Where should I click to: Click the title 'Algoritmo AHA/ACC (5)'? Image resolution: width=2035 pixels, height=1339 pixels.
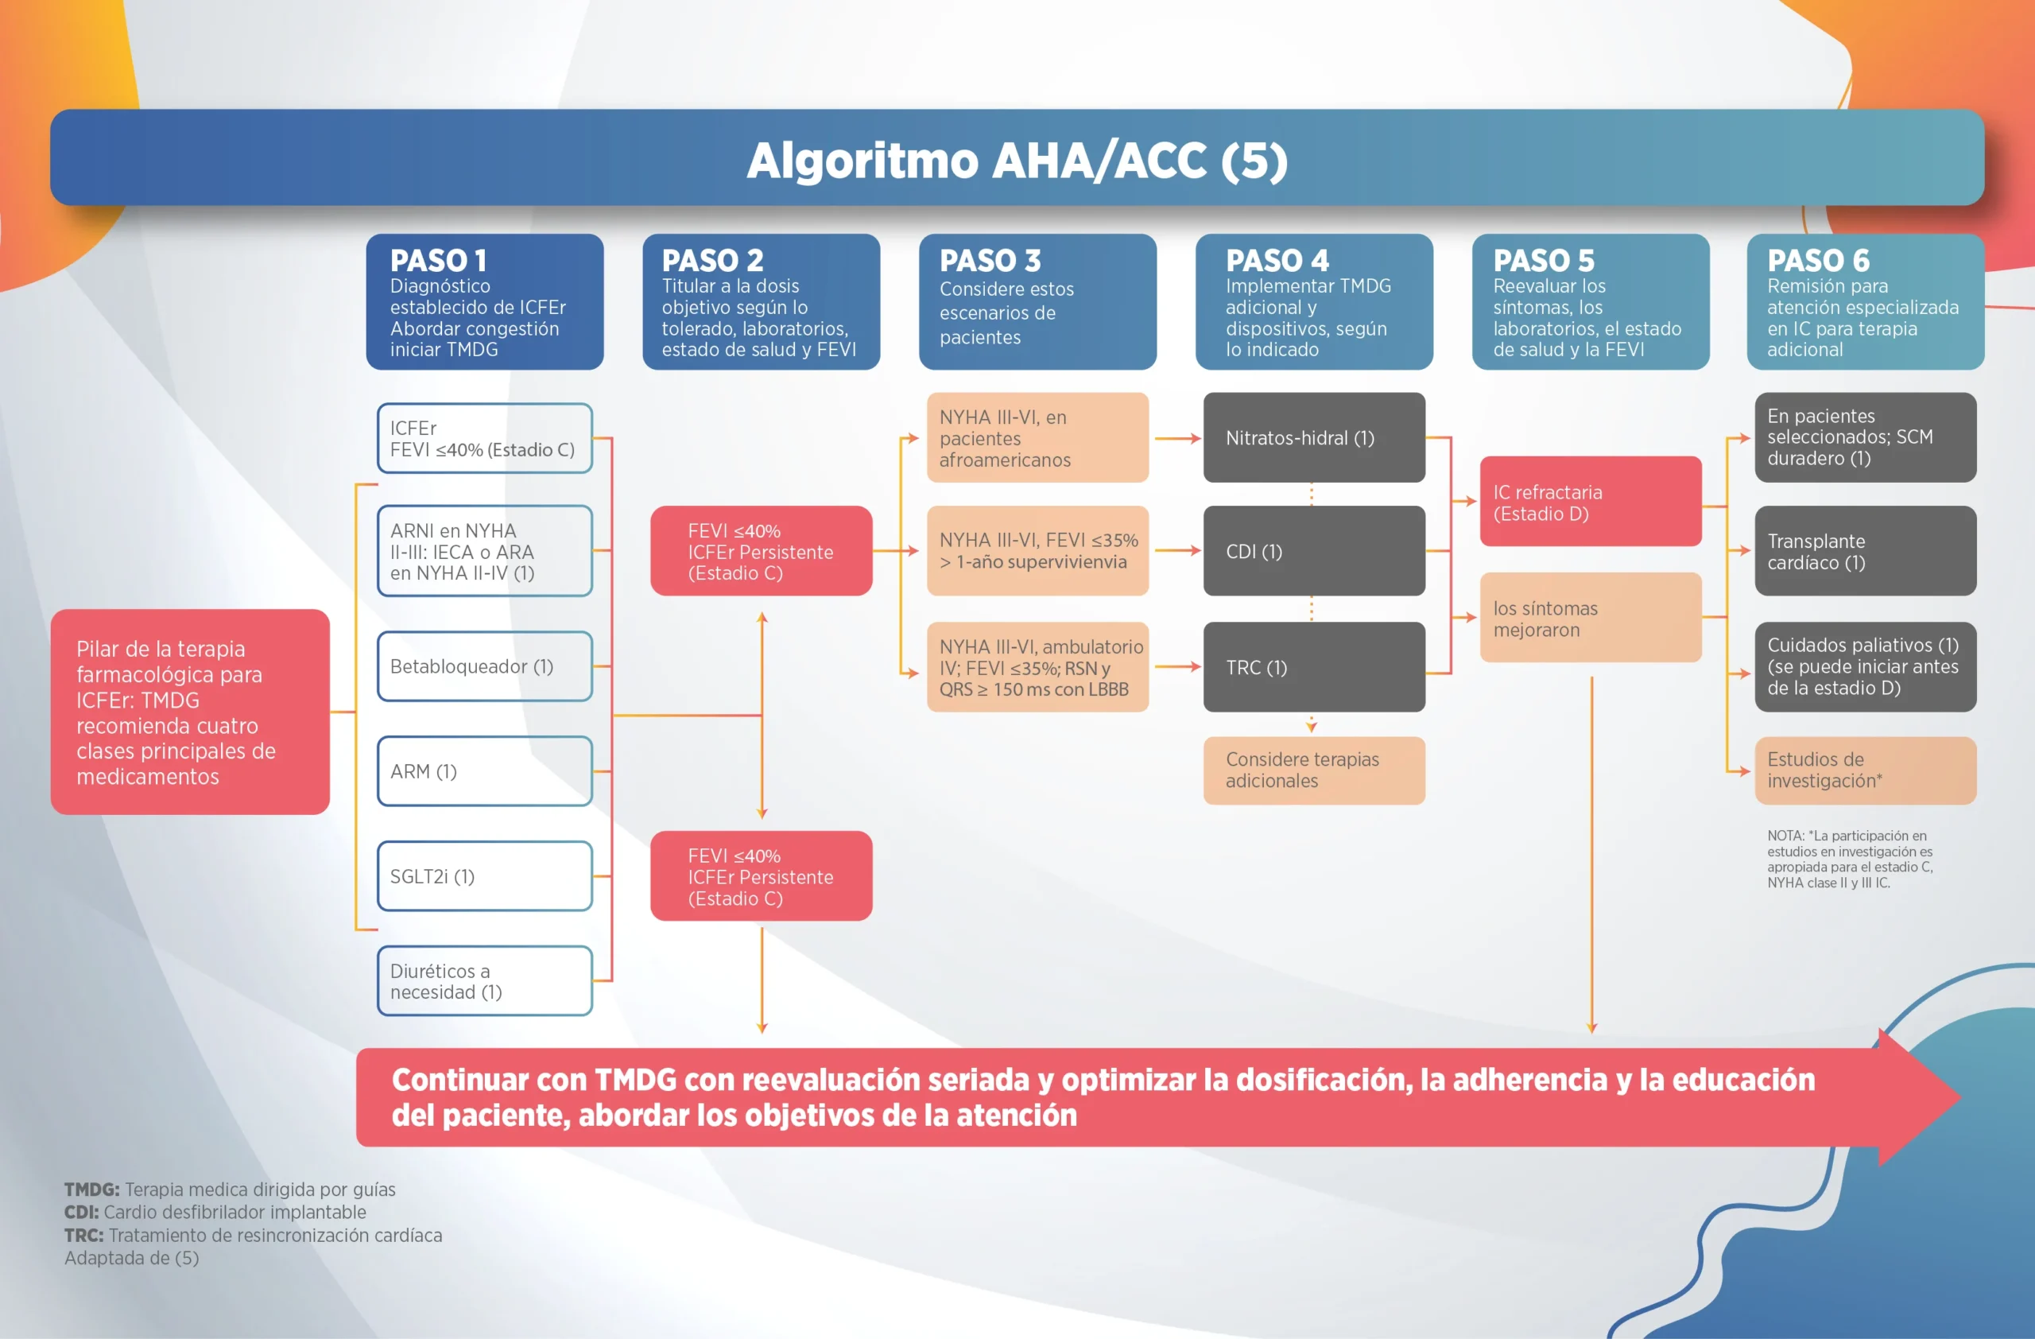pos(1017,160)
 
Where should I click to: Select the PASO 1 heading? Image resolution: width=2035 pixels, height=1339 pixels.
pos(438,260)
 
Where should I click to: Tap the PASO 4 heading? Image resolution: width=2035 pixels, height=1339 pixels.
pos(1277,260)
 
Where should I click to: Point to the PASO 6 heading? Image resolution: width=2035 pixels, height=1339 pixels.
pos(1818,260)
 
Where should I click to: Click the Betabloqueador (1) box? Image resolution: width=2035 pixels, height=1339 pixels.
pos(484,666)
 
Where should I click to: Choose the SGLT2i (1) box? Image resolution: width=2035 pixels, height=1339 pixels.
pos(484,875)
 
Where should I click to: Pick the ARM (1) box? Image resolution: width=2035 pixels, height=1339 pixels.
pos(484,771)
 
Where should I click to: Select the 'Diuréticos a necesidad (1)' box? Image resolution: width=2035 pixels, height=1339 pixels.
pos(484,980)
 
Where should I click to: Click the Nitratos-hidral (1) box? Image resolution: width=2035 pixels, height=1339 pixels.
pos(1313,438)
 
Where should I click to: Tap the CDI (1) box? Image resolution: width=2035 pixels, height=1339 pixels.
pos(1313,552)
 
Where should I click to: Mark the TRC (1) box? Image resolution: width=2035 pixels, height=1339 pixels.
pos(1313,667)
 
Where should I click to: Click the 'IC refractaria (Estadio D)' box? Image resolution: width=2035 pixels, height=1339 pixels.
pos(1591,502)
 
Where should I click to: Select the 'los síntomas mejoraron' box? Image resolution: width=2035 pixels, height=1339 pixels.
pos(1591,618)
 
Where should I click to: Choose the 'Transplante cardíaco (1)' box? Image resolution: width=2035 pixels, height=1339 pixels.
pos(1865,552)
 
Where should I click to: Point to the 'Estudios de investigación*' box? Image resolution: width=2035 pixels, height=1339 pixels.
pos(1865,770)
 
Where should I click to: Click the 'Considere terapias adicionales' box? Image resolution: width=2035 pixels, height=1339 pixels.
pos(1313,770)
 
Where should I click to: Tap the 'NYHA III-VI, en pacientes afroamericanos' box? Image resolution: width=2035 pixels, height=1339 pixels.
pos(1037,438)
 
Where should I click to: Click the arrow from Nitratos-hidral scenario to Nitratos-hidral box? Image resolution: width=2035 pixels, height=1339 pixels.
pos(1177,439)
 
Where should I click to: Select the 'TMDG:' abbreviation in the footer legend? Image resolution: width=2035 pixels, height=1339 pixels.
pos(91,1190)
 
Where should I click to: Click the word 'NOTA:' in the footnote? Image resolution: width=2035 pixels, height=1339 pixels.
pos(1785,836)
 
